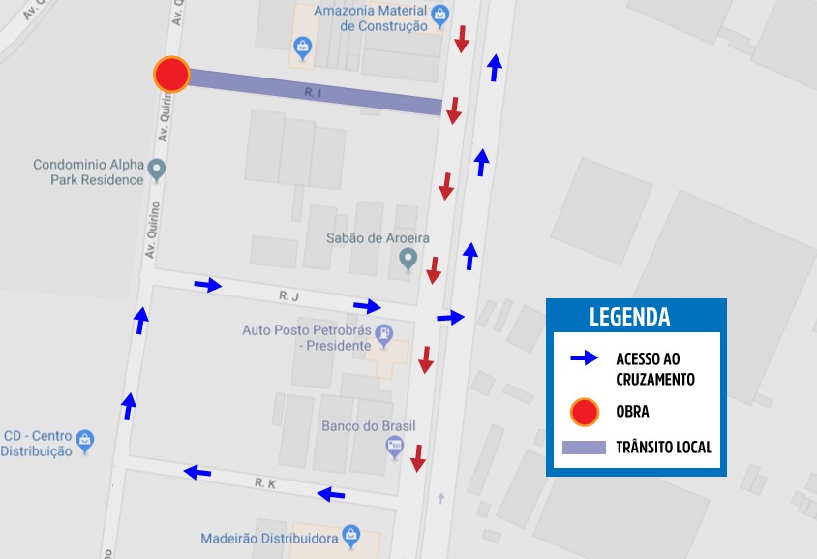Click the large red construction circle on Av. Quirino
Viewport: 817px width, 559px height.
pyautogui.click(x=171, y=75)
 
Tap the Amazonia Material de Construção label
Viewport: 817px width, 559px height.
pyautogui.click(x=383, y=18)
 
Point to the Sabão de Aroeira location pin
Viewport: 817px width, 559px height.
pyautogui.click(x=408, y=259)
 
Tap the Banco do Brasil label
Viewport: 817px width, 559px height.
pyautogui.click(x=368, y=426)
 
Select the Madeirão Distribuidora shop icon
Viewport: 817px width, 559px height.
pyautogui.click(x=350, y=535)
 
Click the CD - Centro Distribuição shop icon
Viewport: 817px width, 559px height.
pyautogui.click(x=84, y=440)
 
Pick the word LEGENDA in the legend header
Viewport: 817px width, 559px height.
pyautogui.click(x=629, y=317)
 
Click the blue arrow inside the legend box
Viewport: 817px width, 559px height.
pyautogui.click(x=584, y=358)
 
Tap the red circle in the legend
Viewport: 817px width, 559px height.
pyautogui.click(x=584, y=412)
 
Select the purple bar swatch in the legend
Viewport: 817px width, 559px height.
pyautogui.click(x=584, y=448)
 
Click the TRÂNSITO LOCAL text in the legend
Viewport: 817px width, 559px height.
pyautogui.click(x=664, y=448)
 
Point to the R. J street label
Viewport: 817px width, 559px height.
pyautogui.click(x=286, y=295)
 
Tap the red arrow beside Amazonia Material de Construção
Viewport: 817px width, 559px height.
pyautogui.click(x=463, y=40)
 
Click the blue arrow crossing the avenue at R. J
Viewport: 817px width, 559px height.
pyautogui.click(x=450, y=317)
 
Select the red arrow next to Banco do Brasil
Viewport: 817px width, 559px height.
pyautogui.click(x=418, y=458)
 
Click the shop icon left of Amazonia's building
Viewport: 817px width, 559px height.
pyautogui.click(x=303, y=45)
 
